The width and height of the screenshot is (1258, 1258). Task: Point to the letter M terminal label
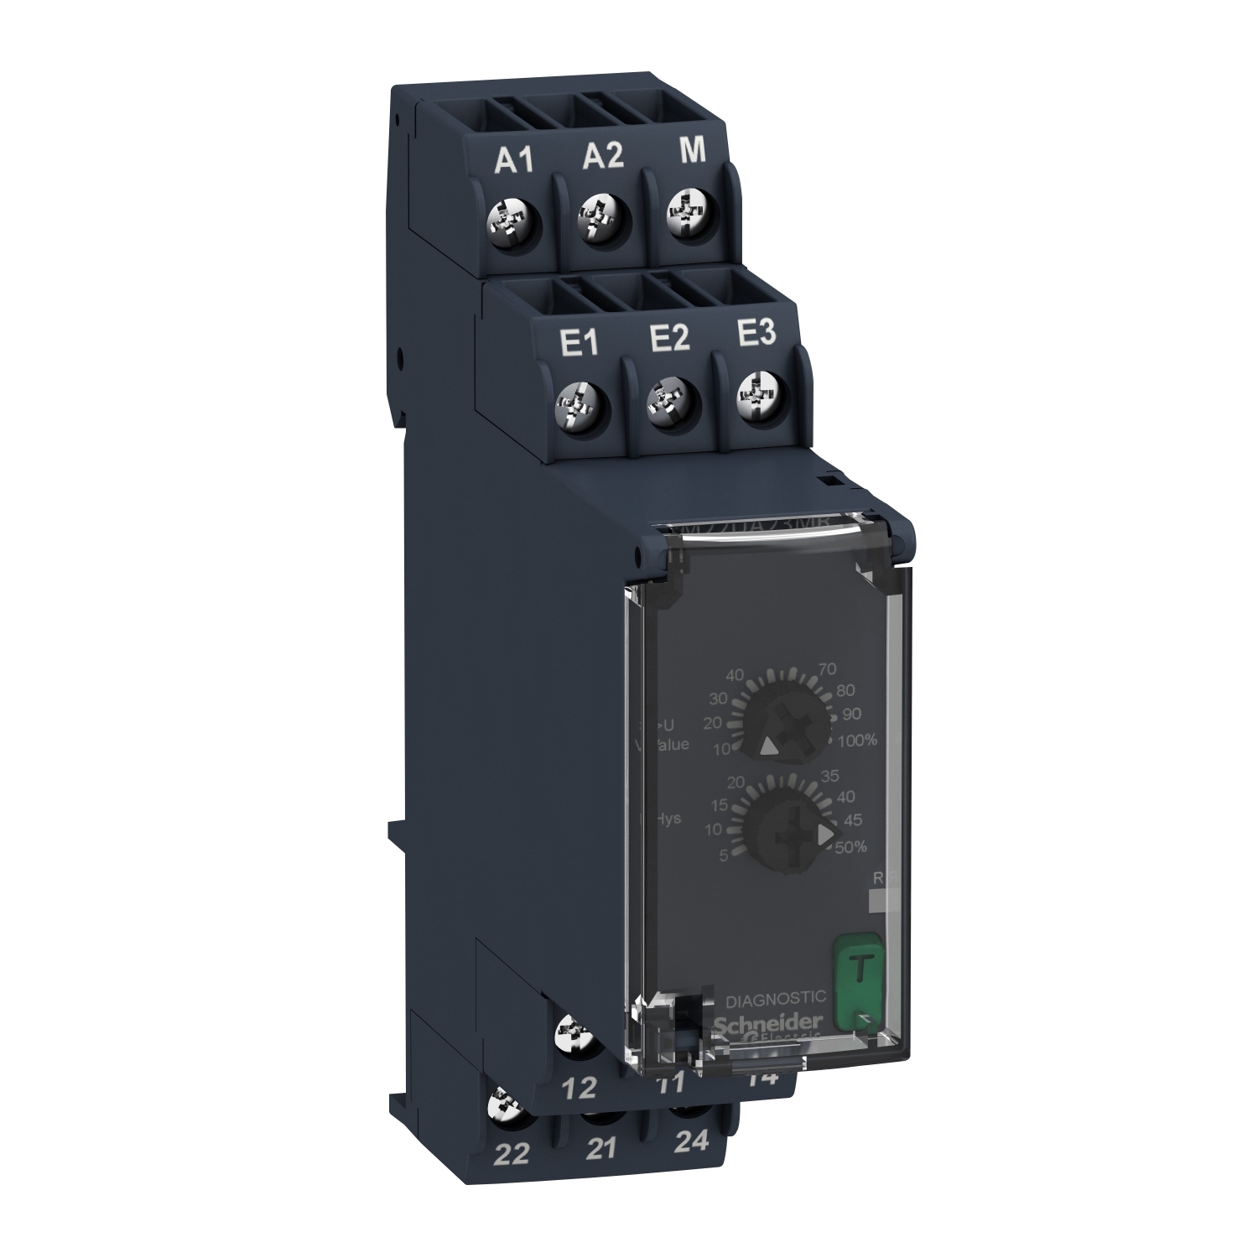[x=692, y=151]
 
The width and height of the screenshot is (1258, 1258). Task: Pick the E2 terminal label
[x=668, y=338]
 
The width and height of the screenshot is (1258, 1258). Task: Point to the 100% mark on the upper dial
[x=857, y=740]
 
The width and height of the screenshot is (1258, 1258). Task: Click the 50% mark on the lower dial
[x=850, y=847]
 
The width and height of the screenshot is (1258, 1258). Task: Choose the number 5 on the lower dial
[x=723, y=855]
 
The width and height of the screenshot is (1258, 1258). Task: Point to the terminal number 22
[x=512, y=1155]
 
